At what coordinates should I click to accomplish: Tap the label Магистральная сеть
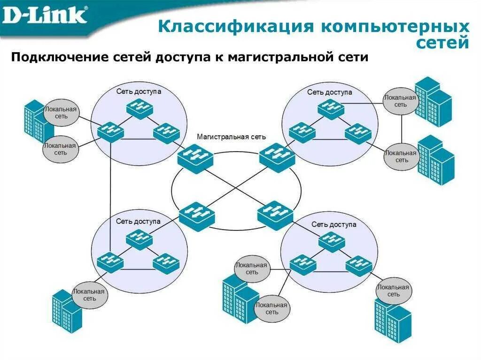tap(231, 137)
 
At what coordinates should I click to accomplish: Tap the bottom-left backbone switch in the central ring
tap(197, 216)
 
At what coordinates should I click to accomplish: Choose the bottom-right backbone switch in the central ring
tap(275, 215)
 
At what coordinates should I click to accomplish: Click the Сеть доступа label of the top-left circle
tap(139, 92)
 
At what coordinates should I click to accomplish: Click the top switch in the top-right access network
tap(330, 108)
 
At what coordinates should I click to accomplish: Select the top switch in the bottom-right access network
tap(332, 242)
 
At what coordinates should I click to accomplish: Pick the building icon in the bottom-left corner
tap(67, 311)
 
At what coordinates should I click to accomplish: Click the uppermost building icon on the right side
tap(433, 101)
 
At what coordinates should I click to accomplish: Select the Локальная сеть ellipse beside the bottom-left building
tap(89, 295)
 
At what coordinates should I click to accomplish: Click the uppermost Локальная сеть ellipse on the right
tap(400, 101)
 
